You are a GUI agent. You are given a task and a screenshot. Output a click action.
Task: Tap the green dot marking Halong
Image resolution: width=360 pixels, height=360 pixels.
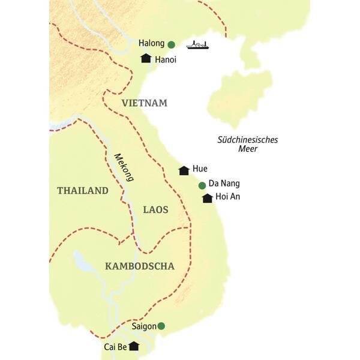[x=171, y=44]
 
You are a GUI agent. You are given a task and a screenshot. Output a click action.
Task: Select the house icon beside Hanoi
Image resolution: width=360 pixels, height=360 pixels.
[x=145, y=58]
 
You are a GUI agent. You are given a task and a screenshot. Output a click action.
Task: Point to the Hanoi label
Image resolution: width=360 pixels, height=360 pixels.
[x=166, y=60]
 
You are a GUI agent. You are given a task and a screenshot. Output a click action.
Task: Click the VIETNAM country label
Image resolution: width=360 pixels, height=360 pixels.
[x=144, y=103]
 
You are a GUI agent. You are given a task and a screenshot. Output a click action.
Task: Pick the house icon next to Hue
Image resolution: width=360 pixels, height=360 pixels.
[x=184, y=170]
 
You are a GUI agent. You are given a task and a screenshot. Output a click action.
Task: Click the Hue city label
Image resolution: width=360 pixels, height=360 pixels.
[x=200, y=170]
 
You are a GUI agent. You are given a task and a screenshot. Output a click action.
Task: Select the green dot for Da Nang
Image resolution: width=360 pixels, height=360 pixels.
[x=202, y=185]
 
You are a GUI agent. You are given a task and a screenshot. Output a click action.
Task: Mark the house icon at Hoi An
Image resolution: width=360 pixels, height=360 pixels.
[x=207, y=198]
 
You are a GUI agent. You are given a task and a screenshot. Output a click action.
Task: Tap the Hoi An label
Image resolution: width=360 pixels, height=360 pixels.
[x=227, y=197]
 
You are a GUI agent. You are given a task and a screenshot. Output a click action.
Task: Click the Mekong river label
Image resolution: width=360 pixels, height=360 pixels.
[x=123, y=167]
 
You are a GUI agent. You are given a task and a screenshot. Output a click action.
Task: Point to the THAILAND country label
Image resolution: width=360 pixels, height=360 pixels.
[x=82, y=191]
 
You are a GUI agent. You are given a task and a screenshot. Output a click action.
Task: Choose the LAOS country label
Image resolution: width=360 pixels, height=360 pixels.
[x=156, y=209]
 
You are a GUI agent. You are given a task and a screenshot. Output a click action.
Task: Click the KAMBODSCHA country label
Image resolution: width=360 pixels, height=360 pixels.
[x=139, y=266]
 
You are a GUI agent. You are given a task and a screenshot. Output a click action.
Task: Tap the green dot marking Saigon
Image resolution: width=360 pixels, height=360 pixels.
[x=161, y=326]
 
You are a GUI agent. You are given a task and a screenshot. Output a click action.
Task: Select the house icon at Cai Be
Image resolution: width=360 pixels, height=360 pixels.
[x=134, y=346]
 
